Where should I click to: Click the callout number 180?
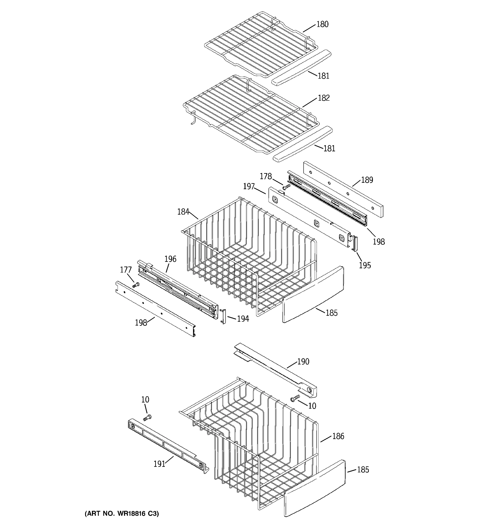click(x=322, y=24)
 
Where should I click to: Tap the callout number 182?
click(x=324, y=98)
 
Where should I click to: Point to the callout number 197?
click(x=249, y=186)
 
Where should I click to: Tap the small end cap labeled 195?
click(x=355, y=244)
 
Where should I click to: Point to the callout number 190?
click(x=303, y=362)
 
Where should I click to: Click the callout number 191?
click(x=159, y=464)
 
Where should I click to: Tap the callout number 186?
click(x=338, y=436)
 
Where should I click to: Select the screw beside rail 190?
click(x=295, y=398)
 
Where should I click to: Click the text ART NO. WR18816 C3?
click(x=122, y=514)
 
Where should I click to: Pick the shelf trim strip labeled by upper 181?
click(x=301, y=67)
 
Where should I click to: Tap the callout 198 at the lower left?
click(x=141, y=323)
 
